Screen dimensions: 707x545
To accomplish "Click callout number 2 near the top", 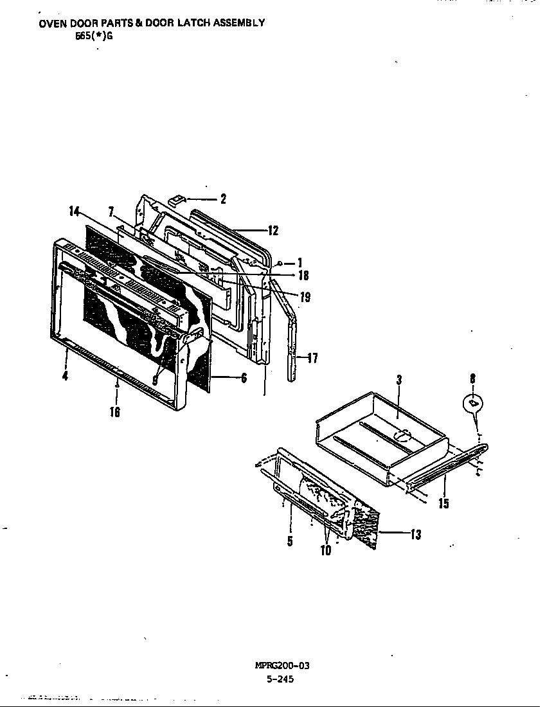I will [223, 199].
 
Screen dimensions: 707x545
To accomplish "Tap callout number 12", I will [274, 230].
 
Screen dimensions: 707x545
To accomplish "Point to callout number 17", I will [312, 359].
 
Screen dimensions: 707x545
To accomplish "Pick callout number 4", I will [65, 376].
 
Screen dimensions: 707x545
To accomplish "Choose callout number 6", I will [244, 379].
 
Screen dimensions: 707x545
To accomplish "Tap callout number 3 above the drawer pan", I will [398, 380].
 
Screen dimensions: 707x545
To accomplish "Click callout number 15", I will [443, 503].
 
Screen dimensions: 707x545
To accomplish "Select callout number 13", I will [415, 533].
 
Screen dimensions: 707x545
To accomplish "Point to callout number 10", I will [326, 550].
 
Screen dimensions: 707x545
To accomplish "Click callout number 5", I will [290, 541].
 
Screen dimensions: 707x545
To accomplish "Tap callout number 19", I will [305, 297].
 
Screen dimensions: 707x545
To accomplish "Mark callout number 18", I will [303, 275].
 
